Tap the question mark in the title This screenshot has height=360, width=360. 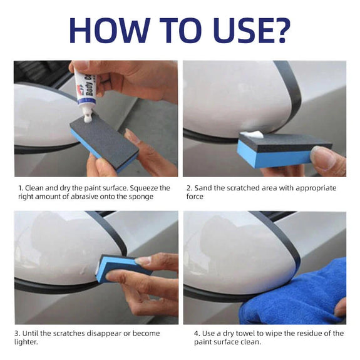tap(279, 30)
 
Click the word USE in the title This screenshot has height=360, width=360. tap(239, 30)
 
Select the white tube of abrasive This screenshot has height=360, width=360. tap(86, 92)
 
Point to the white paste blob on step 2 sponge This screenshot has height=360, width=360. tap(252, 135)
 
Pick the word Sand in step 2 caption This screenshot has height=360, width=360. tap(203, 188)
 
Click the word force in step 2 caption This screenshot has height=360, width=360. tap(195, 197)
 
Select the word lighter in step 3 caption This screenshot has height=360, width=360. tap(26, 342)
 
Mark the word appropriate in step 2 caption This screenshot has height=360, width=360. tap(316, 188)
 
